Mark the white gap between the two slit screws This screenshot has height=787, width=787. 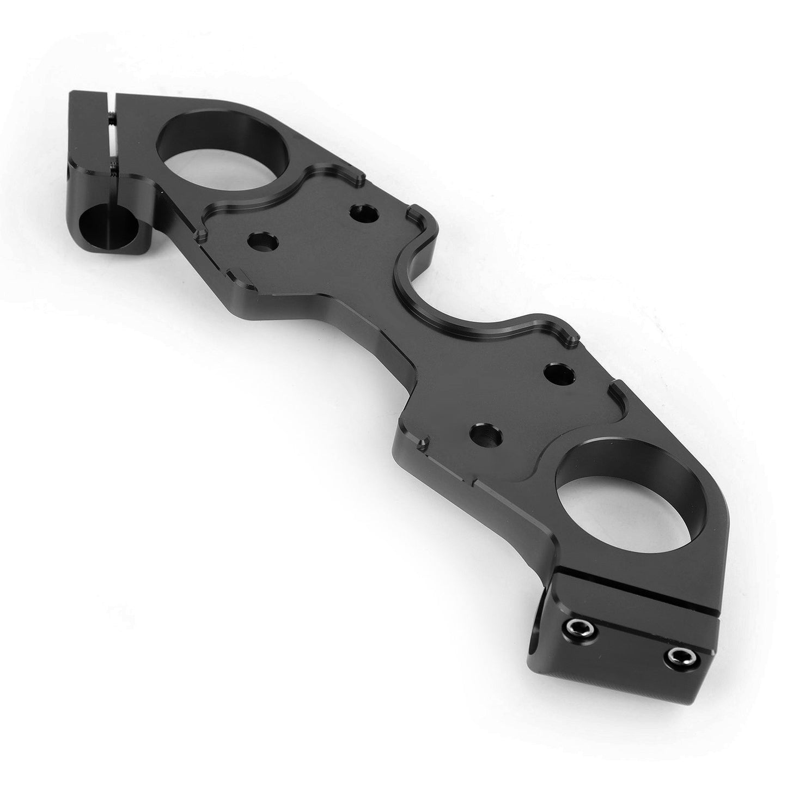[x=112, y=143]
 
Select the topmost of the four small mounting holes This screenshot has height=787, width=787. [x=364, y=212]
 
